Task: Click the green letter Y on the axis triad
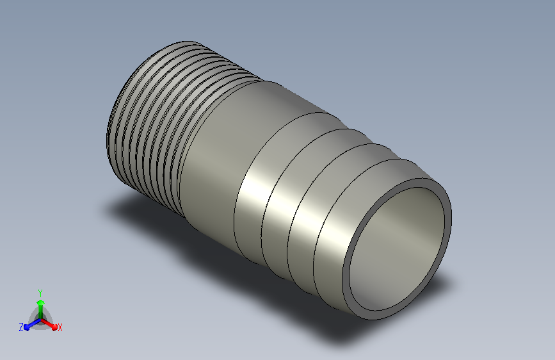pyautogui.click(x=40, y=293)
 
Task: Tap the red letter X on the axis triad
pyautogui.click(x=60, y=328)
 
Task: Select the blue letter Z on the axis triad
pyautogui.click(x=21, y=327)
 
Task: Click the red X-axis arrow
pyautogui.click(x=49, y=324)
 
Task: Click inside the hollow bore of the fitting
pyautogui.click(x=396, y=249)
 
